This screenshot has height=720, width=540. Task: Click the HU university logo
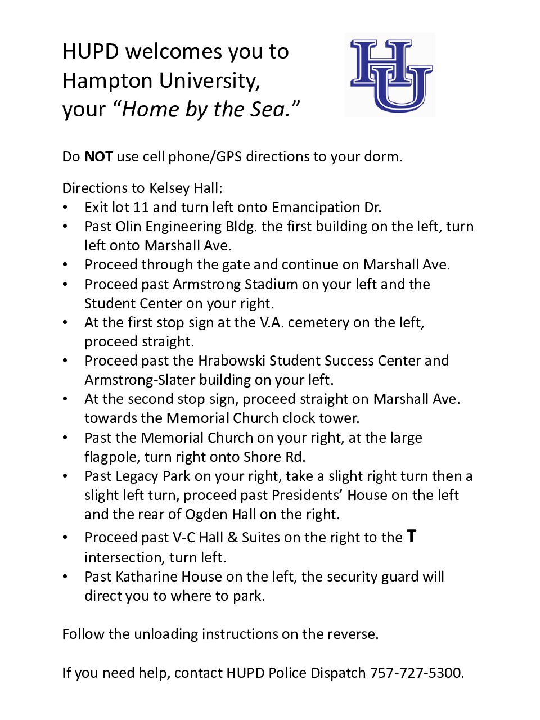pos(390,75)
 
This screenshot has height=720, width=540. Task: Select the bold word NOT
pos(98,157)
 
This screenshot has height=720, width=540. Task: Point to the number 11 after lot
pos(141,208)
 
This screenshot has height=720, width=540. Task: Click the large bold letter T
pos(412,537)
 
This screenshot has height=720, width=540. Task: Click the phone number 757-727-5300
pos(416,673)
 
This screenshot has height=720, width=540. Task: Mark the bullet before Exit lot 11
pos(65,208)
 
